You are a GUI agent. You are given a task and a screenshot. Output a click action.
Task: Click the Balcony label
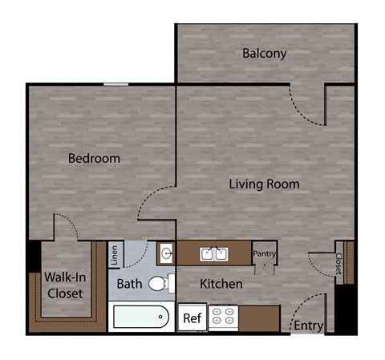264,54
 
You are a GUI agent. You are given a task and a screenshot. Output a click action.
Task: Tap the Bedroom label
94,158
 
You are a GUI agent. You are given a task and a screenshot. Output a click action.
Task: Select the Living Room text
264,184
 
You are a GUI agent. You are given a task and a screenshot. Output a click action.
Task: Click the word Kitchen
221,284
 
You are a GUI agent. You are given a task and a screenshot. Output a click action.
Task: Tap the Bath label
130,284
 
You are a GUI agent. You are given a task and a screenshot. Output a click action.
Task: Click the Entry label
308,326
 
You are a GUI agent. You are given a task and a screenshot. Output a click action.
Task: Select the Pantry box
264,253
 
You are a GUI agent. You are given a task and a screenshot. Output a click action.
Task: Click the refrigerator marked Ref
192,318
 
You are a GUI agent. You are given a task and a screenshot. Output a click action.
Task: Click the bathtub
142,318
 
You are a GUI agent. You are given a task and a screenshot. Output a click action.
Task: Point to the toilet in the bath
160,282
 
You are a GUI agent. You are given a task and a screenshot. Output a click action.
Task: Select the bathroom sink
166,254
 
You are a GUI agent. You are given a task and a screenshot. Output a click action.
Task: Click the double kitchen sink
213,254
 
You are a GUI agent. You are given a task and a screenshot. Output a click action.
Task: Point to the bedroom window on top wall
115,83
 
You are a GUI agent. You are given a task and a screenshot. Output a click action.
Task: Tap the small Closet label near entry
338,264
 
